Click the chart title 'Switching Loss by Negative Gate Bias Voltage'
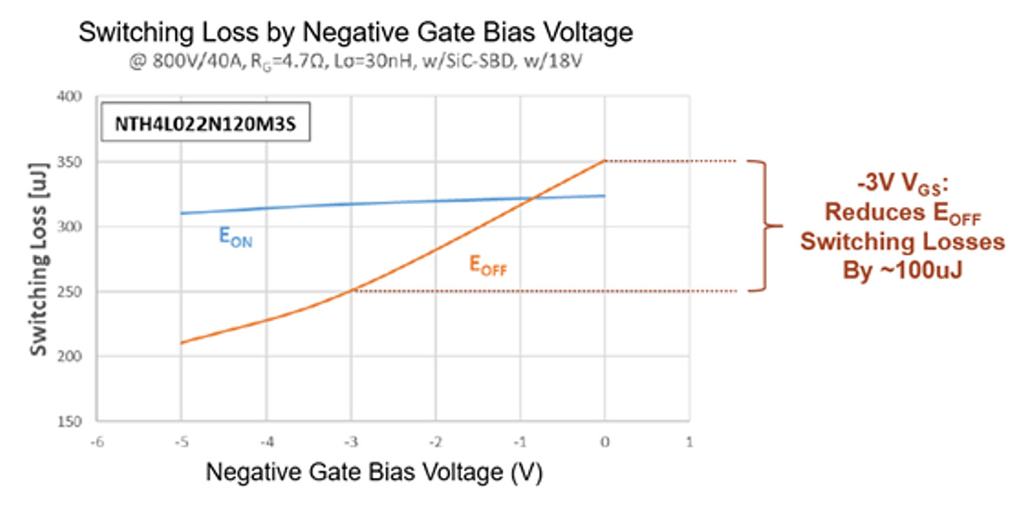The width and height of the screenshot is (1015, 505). coord(355,33)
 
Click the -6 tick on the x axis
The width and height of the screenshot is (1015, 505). coord(96,441)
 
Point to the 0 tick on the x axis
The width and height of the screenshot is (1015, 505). coord(605,441)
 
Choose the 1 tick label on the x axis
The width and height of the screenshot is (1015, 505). coord(689,441)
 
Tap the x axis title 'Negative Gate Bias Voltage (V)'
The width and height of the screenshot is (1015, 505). coord(373,472)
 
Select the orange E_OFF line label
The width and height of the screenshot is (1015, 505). coord(488,265)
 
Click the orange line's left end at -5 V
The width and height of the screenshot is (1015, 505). coord(181,343)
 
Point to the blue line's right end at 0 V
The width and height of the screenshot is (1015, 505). coord(604,196)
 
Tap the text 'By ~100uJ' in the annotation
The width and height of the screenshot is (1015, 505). coord(902,269)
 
